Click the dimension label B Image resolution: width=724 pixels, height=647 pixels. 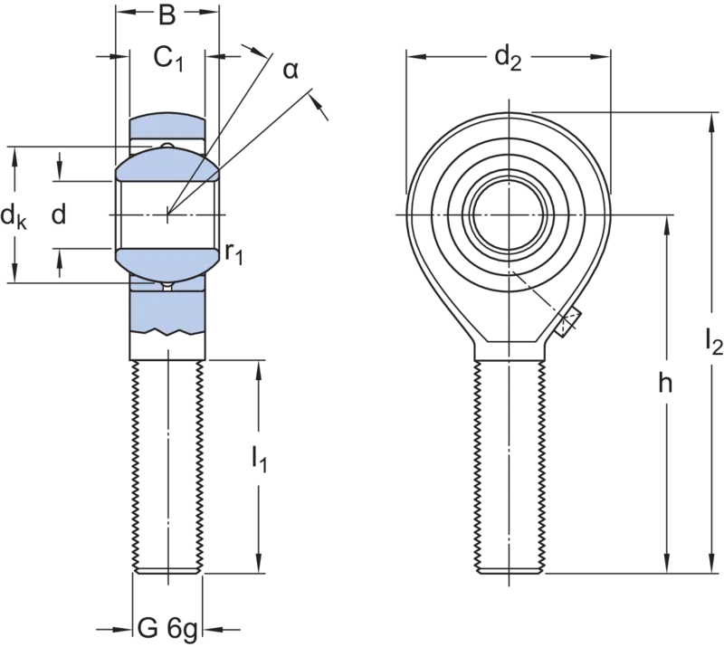pyautogui.click(x=167, y=14)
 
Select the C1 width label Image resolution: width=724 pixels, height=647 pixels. pyautogui.click(x=168, y=59)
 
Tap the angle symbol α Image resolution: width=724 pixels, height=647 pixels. pyautogui.click(x=291, y=71)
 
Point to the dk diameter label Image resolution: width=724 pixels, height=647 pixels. pyautogui.click(x=14, y=216)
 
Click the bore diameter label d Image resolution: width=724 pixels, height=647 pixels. pyautogui.click(x=59, y=214)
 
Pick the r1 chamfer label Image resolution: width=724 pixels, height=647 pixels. pyautogui.click(x=233, y=253)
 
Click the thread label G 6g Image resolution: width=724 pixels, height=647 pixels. pyautogui.click(x=167, y=630)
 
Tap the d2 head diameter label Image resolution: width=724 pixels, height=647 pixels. pyautogui.click(x=508, y=59)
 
